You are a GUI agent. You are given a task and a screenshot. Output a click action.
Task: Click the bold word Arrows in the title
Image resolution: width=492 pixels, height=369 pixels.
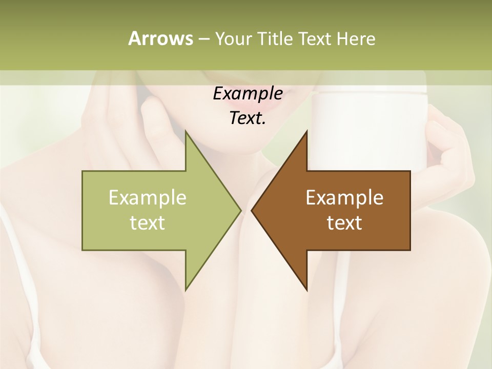tap(160, 38)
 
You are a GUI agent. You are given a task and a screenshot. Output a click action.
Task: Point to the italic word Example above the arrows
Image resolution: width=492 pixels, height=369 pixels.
tap(248, 93)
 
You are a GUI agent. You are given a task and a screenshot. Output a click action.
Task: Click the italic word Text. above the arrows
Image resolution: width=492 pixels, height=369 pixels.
tap(248, 118)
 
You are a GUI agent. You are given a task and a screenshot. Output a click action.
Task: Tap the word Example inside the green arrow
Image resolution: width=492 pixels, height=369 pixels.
tap(148, 197)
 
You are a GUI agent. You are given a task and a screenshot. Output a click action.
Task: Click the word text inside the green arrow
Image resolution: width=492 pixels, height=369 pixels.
tap(148, 222)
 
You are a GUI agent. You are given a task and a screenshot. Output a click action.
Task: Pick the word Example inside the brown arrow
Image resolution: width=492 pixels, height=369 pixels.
tap(344, 197)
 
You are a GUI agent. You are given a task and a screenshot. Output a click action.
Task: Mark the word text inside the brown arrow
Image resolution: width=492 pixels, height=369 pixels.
tap(344, 222)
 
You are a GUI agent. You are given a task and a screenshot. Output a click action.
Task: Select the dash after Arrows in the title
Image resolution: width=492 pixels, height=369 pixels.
tap(203, 39)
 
